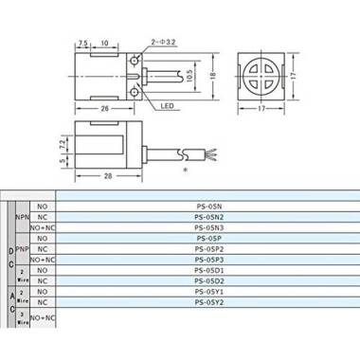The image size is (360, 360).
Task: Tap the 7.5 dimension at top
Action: (84, 43)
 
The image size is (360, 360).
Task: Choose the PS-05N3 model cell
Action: (207, 227)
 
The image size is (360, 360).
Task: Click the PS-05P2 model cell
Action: (207, 248)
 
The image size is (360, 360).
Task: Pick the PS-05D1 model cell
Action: (207, 269)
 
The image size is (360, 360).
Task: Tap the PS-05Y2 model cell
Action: (207, 302)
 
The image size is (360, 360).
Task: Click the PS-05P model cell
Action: (207, 238)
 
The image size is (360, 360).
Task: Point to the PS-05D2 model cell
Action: (207, 280)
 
